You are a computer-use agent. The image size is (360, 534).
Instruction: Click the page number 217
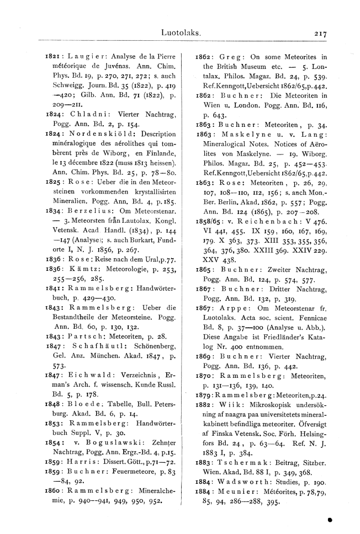click(320, 34)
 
